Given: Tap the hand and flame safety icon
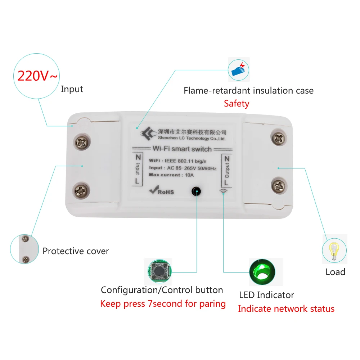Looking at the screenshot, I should point(239,69).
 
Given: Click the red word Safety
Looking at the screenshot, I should point(236,104).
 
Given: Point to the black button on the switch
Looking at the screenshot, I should point(196,191).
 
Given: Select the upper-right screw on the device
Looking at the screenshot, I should point(278,139).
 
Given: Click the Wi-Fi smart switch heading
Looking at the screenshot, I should point(182,148).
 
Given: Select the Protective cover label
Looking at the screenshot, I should point(76,251).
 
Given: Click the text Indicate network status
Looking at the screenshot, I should point(286,309).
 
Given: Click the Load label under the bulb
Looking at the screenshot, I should point(335,272).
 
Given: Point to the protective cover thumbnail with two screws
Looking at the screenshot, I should point(24,249).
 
